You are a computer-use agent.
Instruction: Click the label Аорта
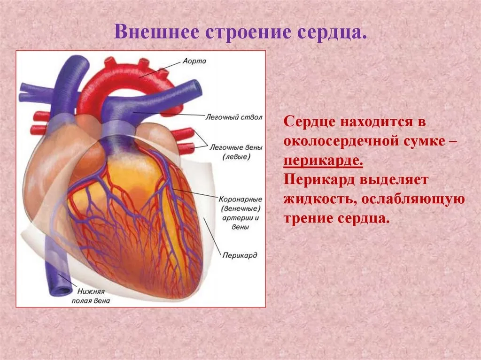194,61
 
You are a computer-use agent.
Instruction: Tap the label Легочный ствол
234,117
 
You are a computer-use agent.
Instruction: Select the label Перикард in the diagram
240,255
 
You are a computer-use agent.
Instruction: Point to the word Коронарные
240,199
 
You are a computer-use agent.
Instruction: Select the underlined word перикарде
323,161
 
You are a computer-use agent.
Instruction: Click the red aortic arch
126,77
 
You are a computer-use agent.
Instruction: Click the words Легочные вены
236,147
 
